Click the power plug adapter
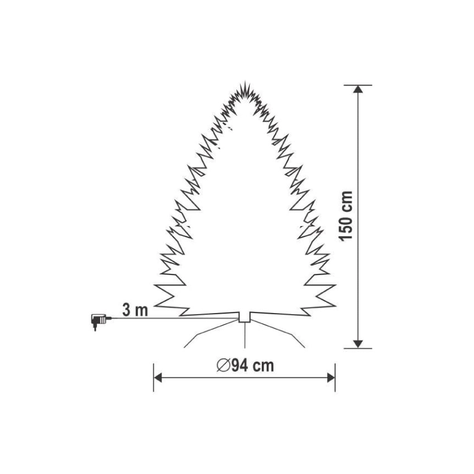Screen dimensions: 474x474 [98, 321]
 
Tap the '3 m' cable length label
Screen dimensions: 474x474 [135, 310]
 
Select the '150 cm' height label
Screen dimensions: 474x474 [346, 216]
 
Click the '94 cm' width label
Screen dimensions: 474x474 [253, 365]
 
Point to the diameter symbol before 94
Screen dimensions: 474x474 [224, 365]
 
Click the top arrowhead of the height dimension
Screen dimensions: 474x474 [358, 89]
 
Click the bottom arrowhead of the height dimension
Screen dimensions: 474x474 [358, 344]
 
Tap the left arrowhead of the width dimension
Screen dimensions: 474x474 [158, 378]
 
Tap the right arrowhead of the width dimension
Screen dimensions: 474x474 [331, 378]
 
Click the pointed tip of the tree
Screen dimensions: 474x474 [245, 82]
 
